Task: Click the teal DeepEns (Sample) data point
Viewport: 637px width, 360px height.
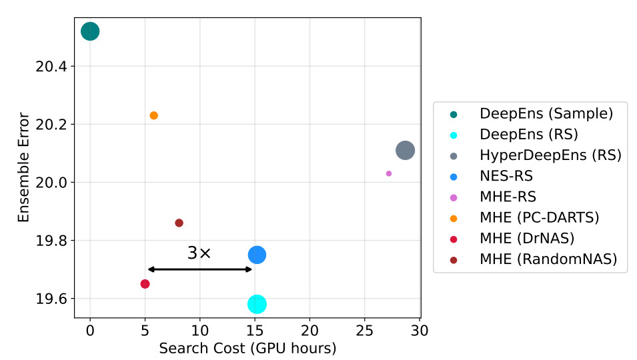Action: coord(90,31)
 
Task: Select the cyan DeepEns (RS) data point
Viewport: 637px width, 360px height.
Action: coord(257,304)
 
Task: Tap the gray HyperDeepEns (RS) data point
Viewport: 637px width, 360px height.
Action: coord(405,151)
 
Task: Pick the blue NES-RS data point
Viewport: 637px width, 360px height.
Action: coord(257,255)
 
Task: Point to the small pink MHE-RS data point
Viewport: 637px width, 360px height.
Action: coord(389,173)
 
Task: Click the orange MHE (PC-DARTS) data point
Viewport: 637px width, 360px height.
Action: coord(154,115)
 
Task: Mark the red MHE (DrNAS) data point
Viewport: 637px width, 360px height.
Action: coord(145,284)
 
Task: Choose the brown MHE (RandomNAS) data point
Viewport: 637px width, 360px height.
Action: coord(179,223)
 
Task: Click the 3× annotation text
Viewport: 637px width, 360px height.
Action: coord(199,253)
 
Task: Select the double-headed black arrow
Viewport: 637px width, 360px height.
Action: coord(199,269)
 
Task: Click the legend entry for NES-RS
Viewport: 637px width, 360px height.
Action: coord(506,176)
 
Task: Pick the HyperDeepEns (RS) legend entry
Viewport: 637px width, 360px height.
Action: coord(550,155)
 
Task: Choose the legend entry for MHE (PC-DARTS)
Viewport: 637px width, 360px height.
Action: coord(540,218)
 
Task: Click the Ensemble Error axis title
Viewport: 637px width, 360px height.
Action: coord(24,167)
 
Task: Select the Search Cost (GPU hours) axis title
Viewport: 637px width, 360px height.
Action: coord(247,349)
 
